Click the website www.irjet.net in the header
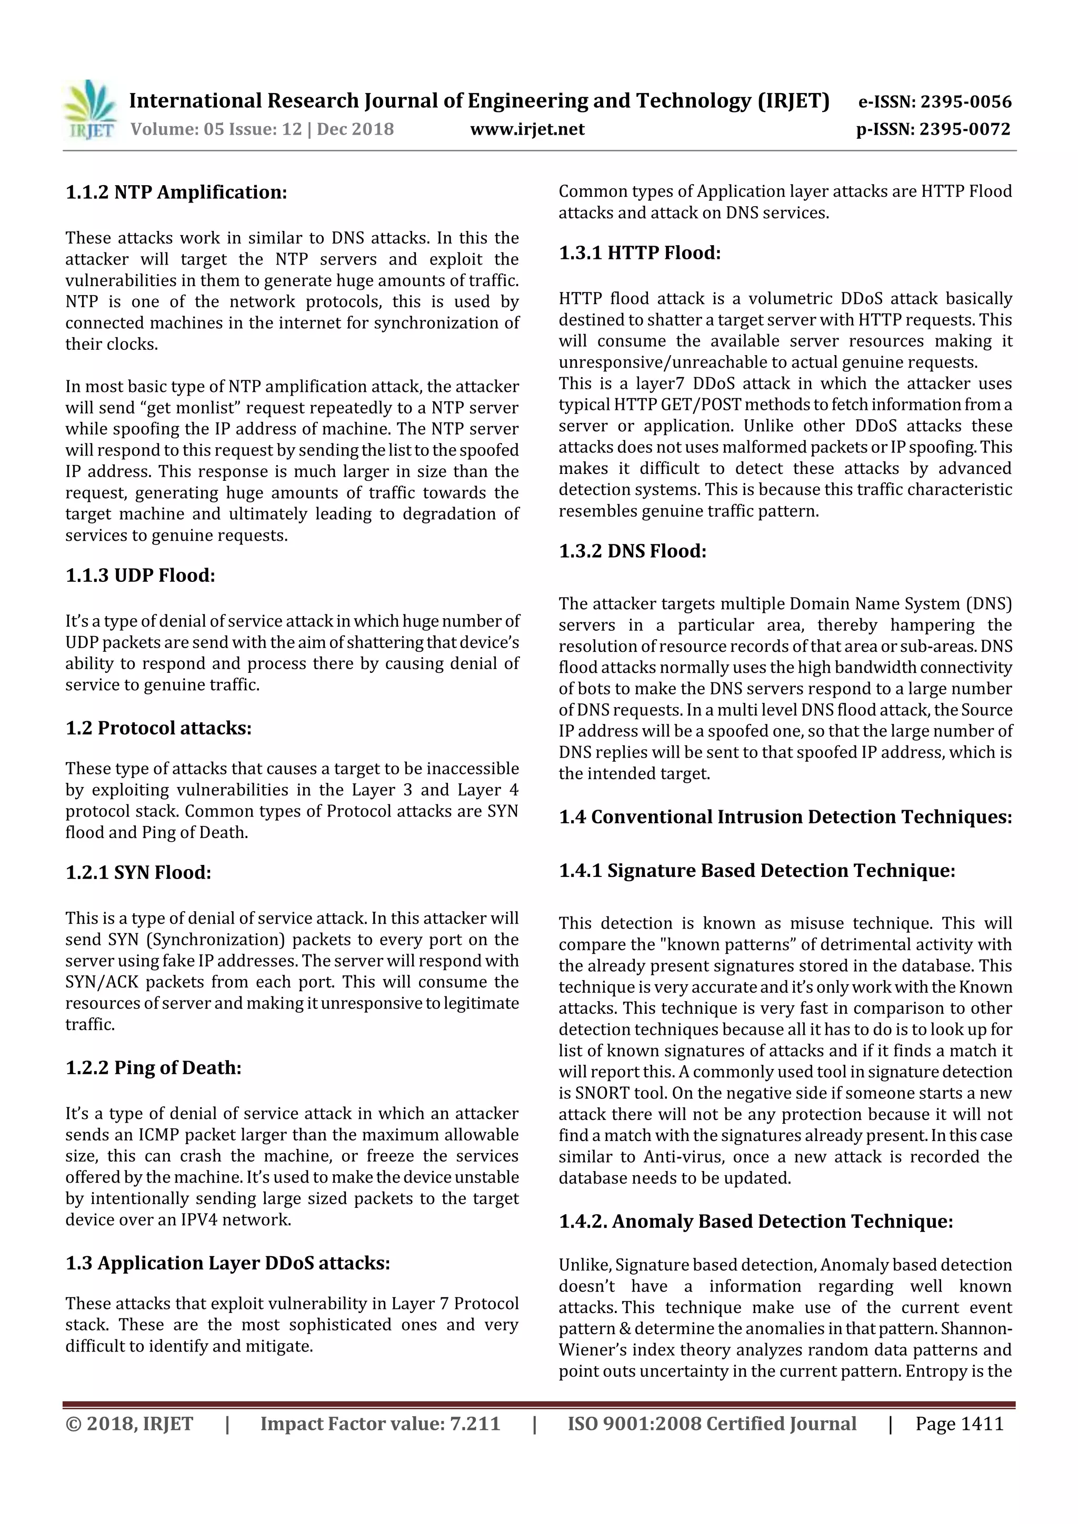(x=527, y=129)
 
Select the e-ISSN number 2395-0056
(x=966, y=102)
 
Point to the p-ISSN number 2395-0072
(x=964, y=129)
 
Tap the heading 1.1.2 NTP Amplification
(x=176, y=193)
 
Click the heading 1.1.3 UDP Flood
(x=140, y=575)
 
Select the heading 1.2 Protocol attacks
(x=158, y=728)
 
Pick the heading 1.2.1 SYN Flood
(x=138, y=872)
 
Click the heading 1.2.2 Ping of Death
(x=153, y=1067)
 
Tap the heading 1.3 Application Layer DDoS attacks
(x=227, y=1263)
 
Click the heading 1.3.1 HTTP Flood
(x=640, y=253)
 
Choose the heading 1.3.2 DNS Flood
(x=632, y=551)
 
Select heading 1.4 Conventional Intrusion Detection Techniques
(x=785, y=816)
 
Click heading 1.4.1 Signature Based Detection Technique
(x=756, y=870)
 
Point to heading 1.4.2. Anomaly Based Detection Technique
(x=756, y=1222)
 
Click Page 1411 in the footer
(x=959, y=1423)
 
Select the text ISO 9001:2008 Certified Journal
(x=711, y=1423)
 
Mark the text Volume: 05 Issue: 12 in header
(x=216, y=129)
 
